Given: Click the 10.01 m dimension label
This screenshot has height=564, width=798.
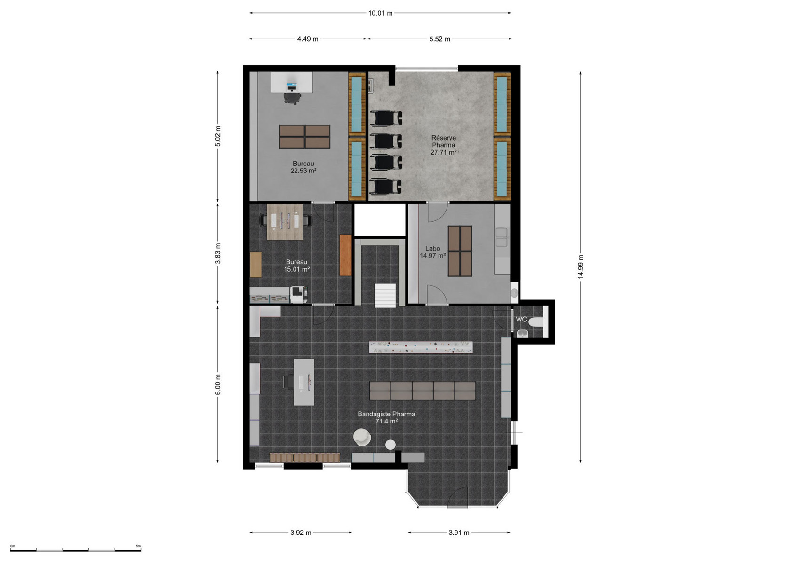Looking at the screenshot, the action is (380, 13).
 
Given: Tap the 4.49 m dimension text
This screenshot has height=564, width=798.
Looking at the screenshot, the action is (308, 39).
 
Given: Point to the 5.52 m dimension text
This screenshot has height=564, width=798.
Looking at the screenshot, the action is (439, 39).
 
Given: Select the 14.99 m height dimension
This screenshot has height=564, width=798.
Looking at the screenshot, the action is (580, 267).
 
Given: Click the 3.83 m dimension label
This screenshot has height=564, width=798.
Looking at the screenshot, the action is (218, 254).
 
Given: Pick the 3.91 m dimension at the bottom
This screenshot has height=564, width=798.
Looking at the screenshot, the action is (459, 533).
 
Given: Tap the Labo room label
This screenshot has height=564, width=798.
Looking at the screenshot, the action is (432, 248).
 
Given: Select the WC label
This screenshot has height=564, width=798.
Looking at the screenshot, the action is (521, 319).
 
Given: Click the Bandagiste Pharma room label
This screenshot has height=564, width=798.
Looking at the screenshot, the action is (387, 414).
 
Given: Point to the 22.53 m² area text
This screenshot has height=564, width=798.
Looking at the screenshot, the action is (303, 171).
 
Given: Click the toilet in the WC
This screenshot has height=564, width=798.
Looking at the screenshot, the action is (536, 322).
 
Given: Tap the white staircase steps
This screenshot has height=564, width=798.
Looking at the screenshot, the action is (385, 295).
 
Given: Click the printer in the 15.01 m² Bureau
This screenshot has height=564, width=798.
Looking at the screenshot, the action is (299, 295).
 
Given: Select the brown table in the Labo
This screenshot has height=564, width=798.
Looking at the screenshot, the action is (460, 251).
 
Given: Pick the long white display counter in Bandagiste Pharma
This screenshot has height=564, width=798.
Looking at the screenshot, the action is (421, 347).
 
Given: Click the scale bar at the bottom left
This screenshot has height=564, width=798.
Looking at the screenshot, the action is (76, 550).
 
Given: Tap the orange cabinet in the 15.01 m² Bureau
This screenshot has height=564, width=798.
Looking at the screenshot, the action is (345, 255).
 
